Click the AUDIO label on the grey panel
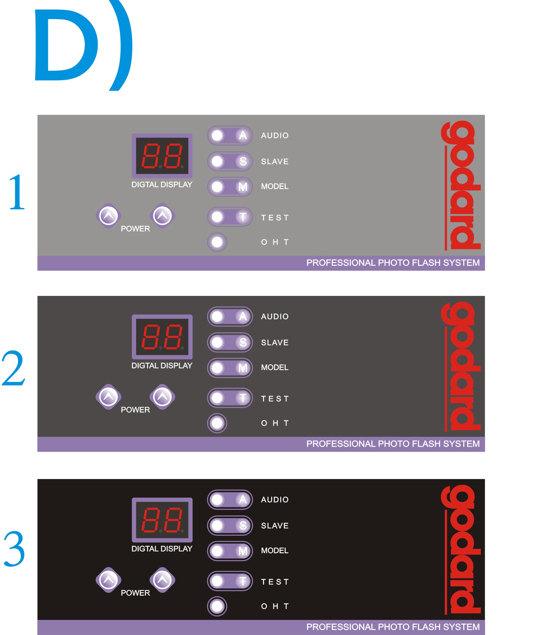point(275,135)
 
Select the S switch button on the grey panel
point(230,161)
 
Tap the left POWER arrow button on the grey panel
point(108,216)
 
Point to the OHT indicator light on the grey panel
point(217,242)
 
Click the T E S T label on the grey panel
point(275,218)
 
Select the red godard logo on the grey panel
point(461,185)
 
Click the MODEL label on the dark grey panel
point(275,367)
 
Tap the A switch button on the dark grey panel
point(230,316)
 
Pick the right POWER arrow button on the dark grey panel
point(163,397)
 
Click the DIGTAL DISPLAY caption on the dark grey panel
point(162,365)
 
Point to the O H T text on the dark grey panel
point(275,423)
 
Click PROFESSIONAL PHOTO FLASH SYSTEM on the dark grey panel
point(393,443)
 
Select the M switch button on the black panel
point(230,551)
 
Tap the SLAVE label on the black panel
point(275,525)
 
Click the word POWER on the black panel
point(135,593)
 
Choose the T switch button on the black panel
point(230,581)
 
